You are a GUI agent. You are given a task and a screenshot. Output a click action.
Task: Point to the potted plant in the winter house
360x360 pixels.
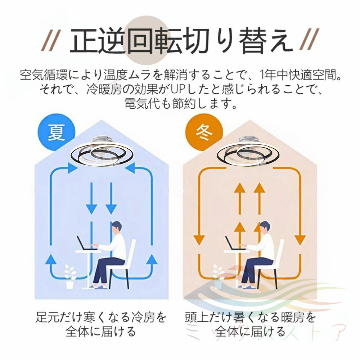coord(219,276)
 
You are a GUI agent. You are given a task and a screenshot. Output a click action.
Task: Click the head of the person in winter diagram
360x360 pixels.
coord(265,228)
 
